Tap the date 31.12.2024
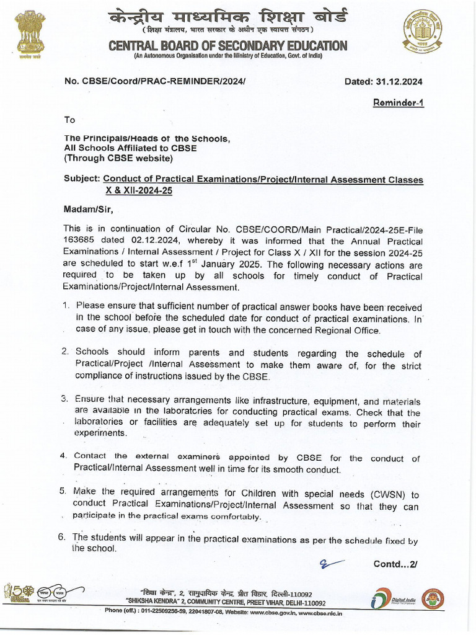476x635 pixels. click(x=399, y=81)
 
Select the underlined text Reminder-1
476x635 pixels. click(x=398, y=103)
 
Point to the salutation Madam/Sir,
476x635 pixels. click(x=89, y=209)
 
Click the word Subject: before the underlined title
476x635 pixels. click(x=82, y=179)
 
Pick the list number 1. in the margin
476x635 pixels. click(x=66, y=306)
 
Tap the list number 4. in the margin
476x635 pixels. click(x=64, y=456)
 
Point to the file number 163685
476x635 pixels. click(x=79, y=241)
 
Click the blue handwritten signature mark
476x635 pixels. click(x=332, y=563)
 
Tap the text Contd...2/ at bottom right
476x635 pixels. click(x=395, y=564)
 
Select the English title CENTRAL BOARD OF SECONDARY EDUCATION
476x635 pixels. click(x=227, y=46)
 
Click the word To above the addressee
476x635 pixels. click(x=69, y=120)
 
